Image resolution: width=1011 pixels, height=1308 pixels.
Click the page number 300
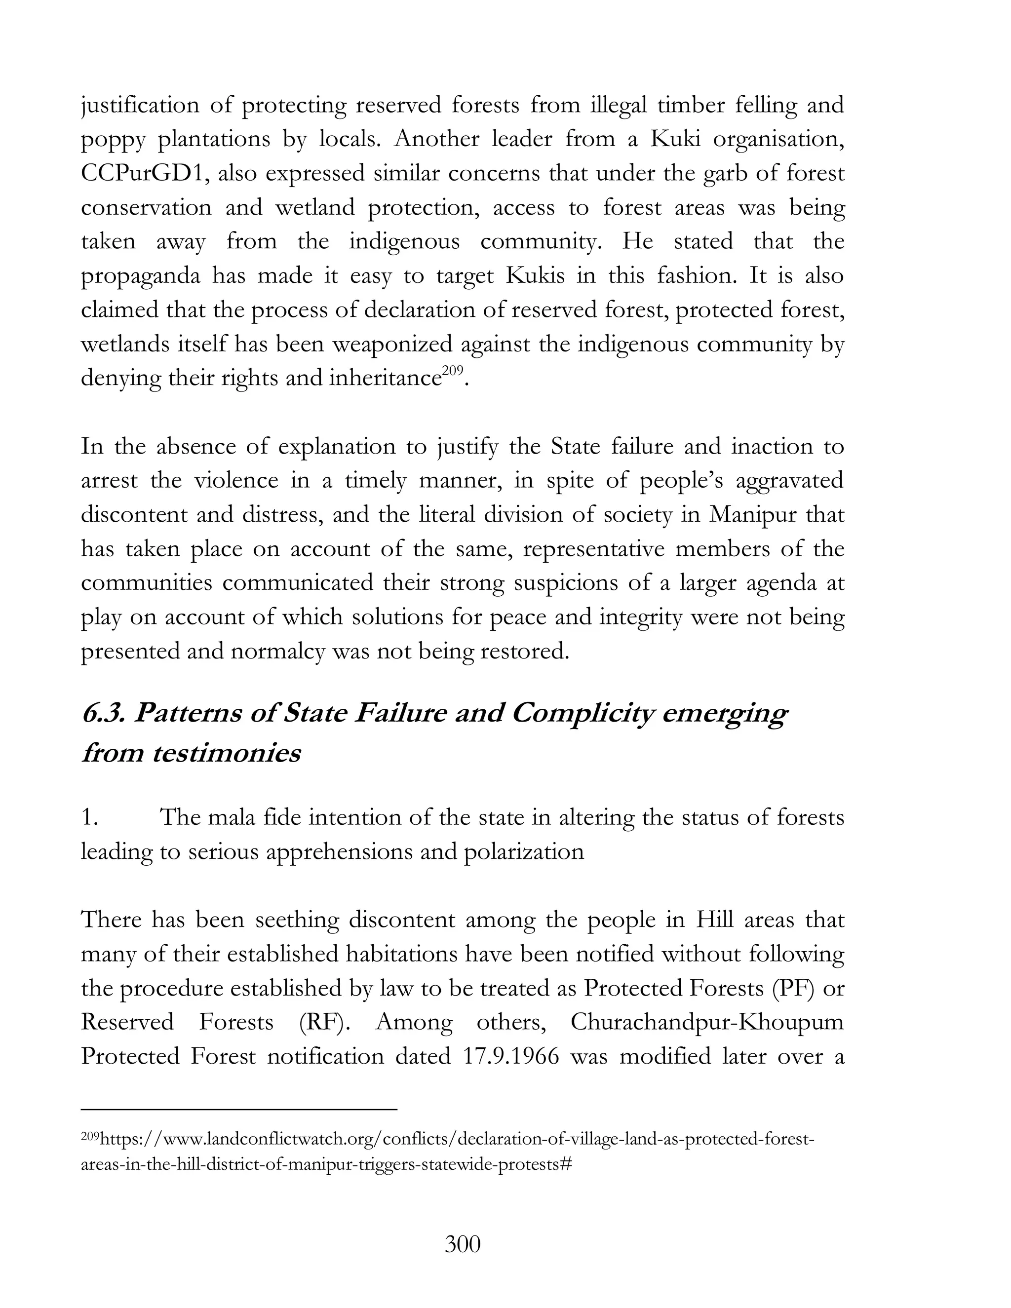point(463,1244)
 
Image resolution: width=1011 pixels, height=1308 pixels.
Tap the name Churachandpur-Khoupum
point(707,1022)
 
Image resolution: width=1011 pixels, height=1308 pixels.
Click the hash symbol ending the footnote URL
point(568,1165)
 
